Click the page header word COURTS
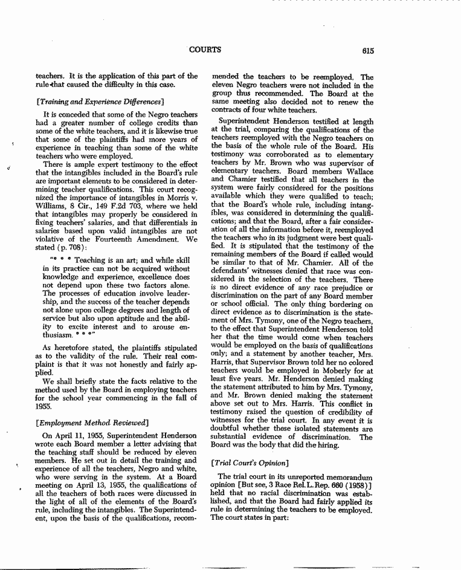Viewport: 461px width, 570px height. (x=205, y=50)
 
